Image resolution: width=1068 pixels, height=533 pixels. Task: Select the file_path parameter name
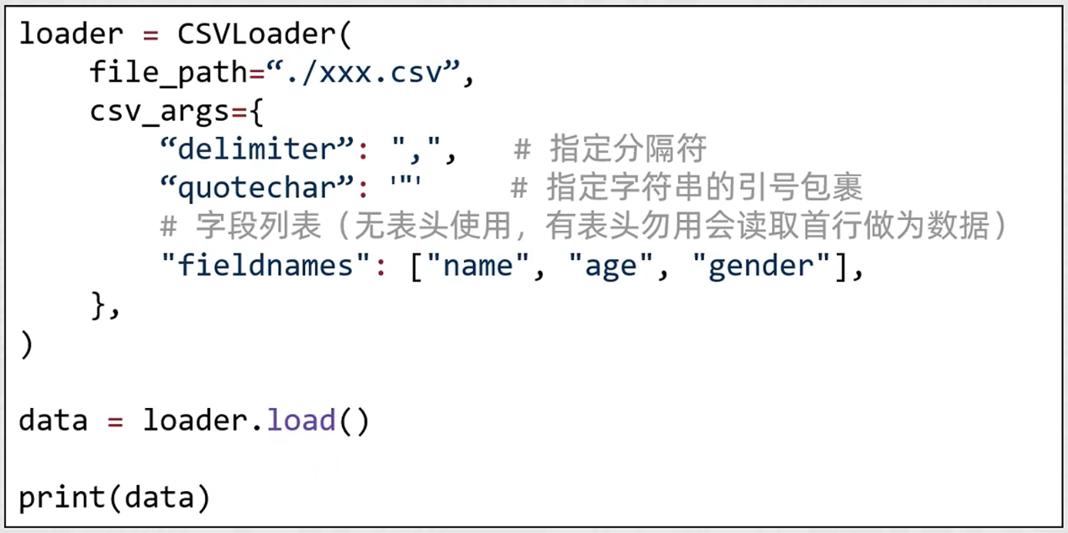click(168, 73)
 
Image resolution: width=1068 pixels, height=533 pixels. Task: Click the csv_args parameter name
click(160, 111)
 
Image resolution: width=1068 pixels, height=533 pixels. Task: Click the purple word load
click(302, 420)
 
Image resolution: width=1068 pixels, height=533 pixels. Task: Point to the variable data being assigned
click(53, 420)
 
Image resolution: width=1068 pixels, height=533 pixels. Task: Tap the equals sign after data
click(115, 420)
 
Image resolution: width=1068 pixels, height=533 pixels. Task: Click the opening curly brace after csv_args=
click(256, 111)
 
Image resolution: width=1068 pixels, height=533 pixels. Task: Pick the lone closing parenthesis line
click(26, 344)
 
